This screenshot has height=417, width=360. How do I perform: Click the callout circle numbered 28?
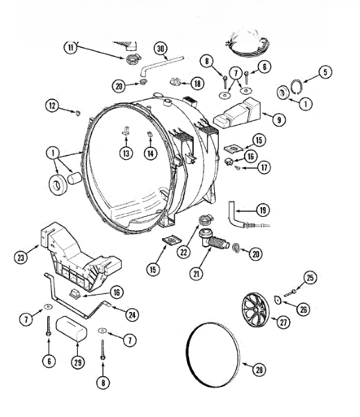coord(259,370)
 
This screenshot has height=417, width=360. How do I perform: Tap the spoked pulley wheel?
coord(255,310)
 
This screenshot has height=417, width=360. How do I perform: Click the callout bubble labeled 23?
coord(21,257)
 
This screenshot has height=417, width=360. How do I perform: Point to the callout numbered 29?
coord(78,362)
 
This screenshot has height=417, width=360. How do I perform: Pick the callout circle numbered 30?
coord(161,49)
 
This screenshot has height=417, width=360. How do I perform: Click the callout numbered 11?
coord(70,47)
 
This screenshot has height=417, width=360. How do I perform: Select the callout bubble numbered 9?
coord(279,120)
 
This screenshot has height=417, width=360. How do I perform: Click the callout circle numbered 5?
coord(325,72)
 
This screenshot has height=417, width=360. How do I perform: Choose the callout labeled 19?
coord(263,210)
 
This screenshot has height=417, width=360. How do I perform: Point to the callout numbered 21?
coord(196,273)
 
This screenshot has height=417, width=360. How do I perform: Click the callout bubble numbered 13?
coord(126,153)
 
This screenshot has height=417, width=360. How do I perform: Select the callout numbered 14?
coord(151,154)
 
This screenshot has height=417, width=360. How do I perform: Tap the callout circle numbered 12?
coord(52,106)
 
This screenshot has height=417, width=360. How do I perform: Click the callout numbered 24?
coord(132,315)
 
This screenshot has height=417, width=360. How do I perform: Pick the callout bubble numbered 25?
coord(310,278)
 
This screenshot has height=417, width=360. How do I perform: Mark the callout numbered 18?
coord(197,83)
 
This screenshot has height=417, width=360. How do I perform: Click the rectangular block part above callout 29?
coord(72,329)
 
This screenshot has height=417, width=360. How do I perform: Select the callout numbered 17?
coord(264,167)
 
